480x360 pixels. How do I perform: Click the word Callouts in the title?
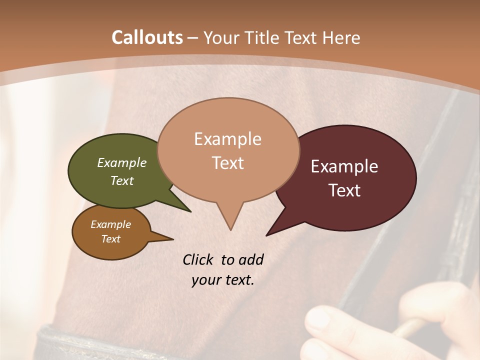pyautogui.click(x=147, y=37)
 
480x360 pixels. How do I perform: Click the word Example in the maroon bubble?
pyautogui.click(x=344, y=166)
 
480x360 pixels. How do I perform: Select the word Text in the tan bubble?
pyautogui.click(x=228, y=163)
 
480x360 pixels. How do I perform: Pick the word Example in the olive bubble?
pyautogui.click(x=122, y=162)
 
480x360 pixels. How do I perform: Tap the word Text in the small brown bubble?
pyautogui.click(x=111, y=239)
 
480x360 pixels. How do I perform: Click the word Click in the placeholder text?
pyautogui.click(x=198, y=259)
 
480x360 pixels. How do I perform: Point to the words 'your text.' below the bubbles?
pyautogui.click(x=223, y=280)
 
